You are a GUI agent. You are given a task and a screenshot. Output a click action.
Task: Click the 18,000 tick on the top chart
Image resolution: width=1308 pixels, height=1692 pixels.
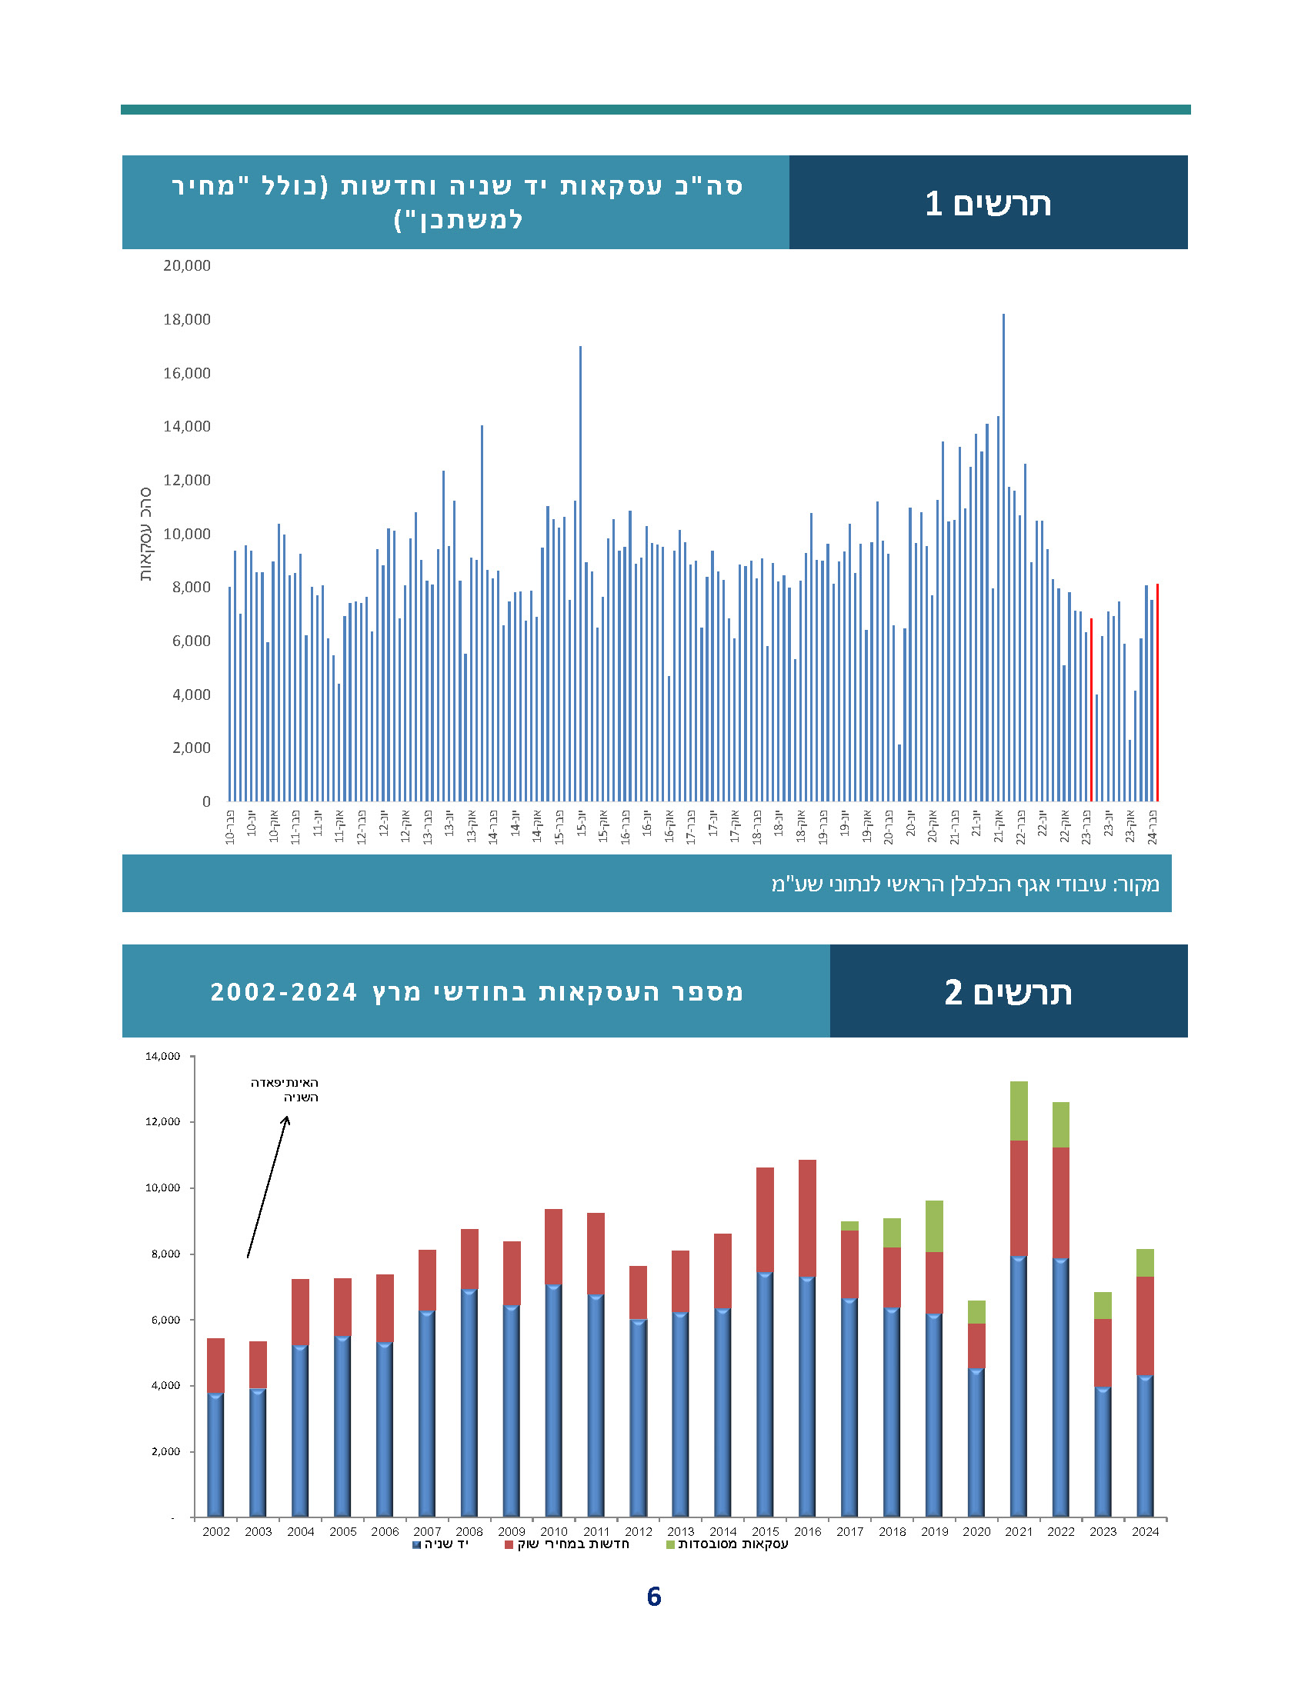tap(186, 319)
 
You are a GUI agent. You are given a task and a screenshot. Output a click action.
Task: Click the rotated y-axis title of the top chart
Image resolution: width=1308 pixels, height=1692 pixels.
tap(145, 535)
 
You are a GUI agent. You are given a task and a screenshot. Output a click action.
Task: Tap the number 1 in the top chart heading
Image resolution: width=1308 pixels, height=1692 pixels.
tap(933, 204)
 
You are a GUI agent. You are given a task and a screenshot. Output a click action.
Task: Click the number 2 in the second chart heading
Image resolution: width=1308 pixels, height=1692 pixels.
tap(953, 992)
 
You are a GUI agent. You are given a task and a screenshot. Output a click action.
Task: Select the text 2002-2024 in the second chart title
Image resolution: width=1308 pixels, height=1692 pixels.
tap(284, 992)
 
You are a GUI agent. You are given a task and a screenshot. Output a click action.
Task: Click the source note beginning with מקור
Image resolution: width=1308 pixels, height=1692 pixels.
tap(965, 884)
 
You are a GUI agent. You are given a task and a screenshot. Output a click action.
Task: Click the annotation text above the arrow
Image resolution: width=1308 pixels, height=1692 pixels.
tap(285, 1090)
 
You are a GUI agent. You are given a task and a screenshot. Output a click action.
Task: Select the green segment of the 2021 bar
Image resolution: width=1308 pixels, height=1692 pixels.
tap(1018, 1111)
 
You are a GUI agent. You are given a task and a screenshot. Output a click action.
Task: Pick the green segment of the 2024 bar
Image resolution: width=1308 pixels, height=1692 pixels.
tap(1145, 1263)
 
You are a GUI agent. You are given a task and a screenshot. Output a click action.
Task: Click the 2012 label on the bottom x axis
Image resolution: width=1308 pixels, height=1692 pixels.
tap(638, 1531)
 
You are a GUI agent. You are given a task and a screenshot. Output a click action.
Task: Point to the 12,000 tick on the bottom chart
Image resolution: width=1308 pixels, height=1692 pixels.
tap(162, 1122)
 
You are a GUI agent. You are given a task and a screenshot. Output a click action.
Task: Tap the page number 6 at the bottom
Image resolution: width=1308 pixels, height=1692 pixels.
tap(653, 1597)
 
